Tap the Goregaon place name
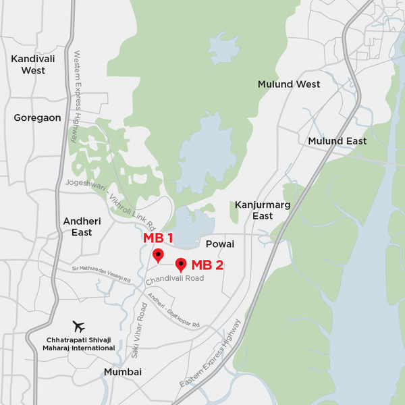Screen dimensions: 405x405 (x=37, y=117)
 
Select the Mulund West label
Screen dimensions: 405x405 (x=289, y=84)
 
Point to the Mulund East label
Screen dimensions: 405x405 (x=337, y=141)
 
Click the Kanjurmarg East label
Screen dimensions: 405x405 (x=254, y=210)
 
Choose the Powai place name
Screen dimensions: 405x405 (x=220, y=244)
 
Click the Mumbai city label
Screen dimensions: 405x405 (x=122, y=372)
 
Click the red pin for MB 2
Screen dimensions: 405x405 (x=181, y=265)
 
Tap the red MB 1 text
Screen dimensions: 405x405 (x=158, y=238)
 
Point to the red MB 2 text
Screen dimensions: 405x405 (x=207, y=265)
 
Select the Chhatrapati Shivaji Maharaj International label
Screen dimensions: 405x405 (x=81, y=344)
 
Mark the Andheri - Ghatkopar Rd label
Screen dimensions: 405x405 (x=173, y=312)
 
